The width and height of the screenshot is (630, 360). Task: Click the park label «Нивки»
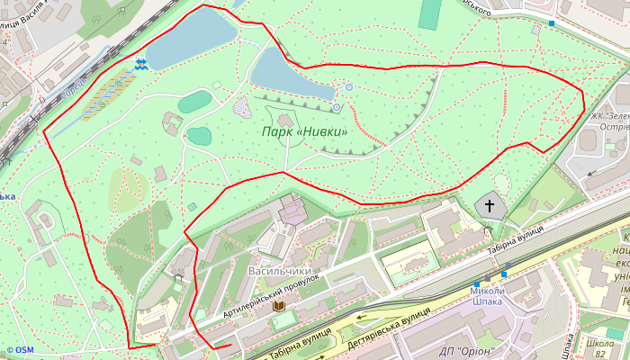(x=304, y=132)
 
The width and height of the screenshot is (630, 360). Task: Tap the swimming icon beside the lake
(x=141, y=64)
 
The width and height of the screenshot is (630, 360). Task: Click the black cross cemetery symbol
(x=490, y=206)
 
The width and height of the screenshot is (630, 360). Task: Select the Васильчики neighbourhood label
(x=279, y=271)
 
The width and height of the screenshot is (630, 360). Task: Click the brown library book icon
(x=279, y=308)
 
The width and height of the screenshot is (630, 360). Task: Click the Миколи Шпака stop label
(x=487, y=296)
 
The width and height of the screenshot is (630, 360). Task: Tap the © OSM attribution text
(x=19, y=350)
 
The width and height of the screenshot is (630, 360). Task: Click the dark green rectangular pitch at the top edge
(x=431, y=13)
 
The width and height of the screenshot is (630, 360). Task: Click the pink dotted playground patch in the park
(x=243, y=108)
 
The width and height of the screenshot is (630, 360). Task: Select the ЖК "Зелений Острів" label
(x=609, y=121)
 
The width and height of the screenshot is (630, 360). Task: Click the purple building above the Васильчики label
(x=292, y=211)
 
